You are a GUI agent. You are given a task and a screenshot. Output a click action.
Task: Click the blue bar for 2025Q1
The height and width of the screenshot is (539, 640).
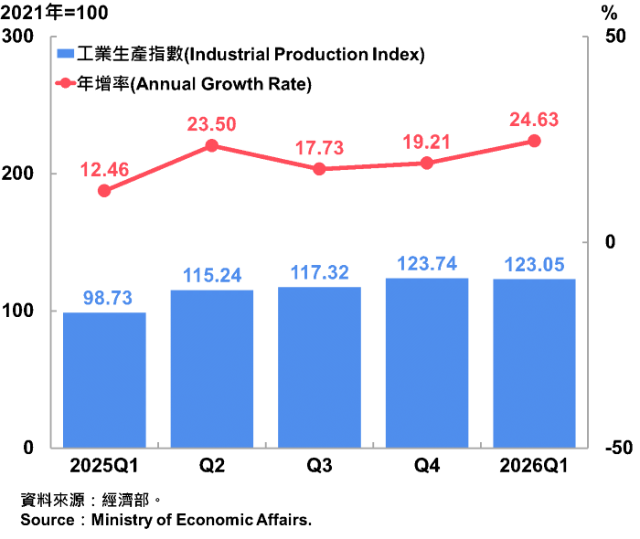[104, 380]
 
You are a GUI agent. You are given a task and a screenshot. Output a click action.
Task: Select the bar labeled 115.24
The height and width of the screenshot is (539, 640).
[212, 369]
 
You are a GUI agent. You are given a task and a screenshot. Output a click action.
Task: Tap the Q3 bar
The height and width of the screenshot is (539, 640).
[320, 367]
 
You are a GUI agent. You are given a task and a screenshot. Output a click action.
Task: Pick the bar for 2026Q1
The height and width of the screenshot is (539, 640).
[534, 364]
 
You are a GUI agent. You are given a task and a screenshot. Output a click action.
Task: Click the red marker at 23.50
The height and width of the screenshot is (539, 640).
[212, 145]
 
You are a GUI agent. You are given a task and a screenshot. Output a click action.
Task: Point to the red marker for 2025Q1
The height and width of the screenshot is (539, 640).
[104, 191]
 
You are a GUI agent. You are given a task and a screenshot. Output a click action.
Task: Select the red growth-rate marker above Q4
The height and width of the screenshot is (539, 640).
[427, 164]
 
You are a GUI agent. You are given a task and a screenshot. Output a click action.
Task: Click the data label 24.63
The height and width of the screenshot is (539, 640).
[534, 120]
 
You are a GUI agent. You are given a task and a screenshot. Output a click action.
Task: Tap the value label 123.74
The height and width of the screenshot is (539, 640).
[427, 264]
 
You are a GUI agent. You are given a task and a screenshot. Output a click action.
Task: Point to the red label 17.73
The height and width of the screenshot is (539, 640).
[320, 148]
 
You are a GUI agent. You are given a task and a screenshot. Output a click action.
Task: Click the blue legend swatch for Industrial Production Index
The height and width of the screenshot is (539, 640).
[65, 53]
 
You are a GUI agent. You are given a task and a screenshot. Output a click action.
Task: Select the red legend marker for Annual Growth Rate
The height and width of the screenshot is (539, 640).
[65, 83]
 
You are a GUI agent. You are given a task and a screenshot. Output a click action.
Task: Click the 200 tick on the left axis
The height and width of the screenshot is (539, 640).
[17, 174]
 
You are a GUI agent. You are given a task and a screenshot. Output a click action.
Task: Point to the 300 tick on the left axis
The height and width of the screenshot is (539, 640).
[17, 37]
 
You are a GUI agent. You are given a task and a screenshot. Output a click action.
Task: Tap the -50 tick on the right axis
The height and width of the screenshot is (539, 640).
[619, 448]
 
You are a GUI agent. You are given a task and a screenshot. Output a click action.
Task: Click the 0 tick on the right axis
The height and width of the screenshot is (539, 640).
[610, 242]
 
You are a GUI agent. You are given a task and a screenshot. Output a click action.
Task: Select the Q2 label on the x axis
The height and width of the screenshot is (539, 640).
[212, 466]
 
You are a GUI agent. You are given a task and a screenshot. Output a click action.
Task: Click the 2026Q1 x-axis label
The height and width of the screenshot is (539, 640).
[534, 466]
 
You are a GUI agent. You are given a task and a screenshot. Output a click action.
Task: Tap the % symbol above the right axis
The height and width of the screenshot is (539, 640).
[610, 14]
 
